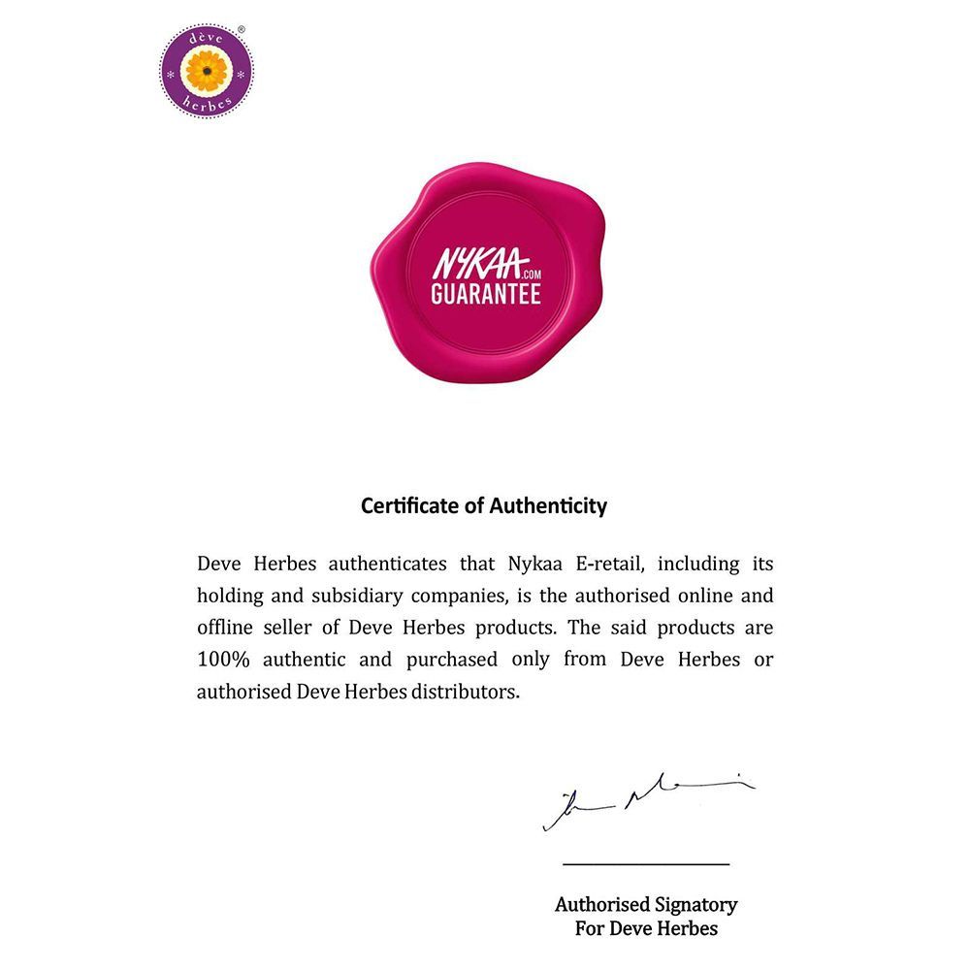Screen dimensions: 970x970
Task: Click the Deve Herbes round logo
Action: (207, 71)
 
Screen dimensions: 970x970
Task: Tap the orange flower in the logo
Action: (207, 71)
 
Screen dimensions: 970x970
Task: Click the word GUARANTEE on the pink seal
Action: (485, 294)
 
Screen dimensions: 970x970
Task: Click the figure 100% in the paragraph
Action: (225, 660)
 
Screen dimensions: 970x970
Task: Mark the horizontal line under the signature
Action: (646, 863)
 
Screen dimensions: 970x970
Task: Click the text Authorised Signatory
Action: (646, 905)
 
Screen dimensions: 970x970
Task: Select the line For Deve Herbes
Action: (646, 928)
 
